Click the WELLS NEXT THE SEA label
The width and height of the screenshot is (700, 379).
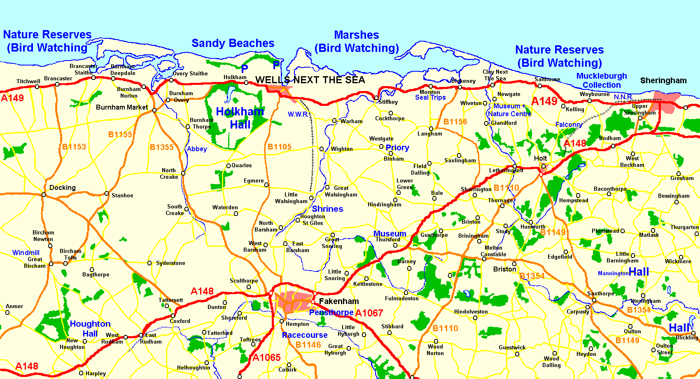[x=310, y=80]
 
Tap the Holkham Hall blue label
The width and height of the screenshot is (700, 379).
[x=240, y=118]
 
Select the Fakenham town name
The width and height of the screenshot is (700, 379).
[x=338, y=302]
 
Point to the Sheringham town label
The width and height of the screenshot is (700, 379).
[x=663, y=81]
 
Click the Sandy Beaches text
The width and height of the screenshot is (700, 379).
[x=233, y=43]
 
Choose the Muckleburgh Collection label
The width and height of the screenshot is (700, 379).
[x=601, y=81]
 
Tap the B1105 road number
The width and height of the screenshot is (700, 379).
[x=279, y=147]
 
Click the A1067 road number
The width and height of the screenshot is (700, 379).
[x=369, y=313]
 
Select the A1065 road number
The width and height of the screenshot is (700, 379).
[x=266, y=358]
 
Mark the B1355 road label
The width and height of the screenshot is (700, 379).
[x=161, y=147]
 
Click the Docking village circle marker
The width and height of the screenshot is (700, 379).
[x=44, y=194]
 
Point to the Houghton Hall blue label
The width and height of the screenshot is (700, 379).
[x=90, y=329]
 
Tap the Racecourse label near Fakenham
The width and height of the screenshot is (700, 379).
[x=305, y=335]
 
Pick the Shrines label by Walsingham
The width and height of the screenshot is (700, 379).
[x=327, y=209]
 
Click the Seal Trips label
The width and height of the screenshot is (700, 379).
[x=430, y=98]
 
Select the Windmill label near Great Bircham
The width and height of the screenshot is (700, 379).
[x=26, y=253]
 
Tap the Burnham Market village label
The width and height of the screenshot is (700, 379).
[x=121, y=108]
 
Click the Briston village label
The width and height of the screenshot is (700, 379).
[x=504, y=269]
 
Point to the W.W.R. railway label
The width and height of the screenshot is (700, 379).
[x=297, y=115]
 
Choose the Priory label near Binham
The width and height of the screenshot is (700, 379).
[x=397, y=148]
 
